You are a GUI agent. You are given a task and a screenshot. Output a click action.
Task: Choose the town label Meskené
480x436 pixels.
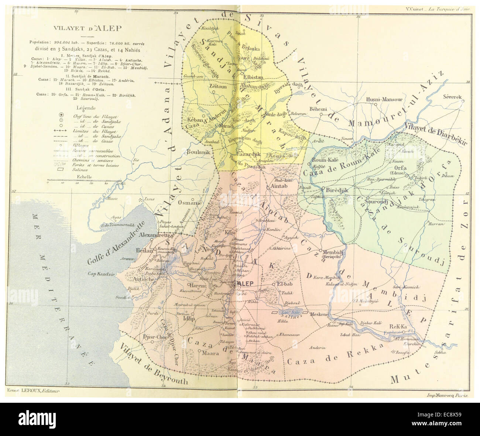coord(319,314)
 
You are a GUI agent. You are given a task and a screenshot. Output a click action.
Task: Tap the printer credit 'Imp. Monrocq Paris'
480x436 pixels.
coord(446,395)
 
